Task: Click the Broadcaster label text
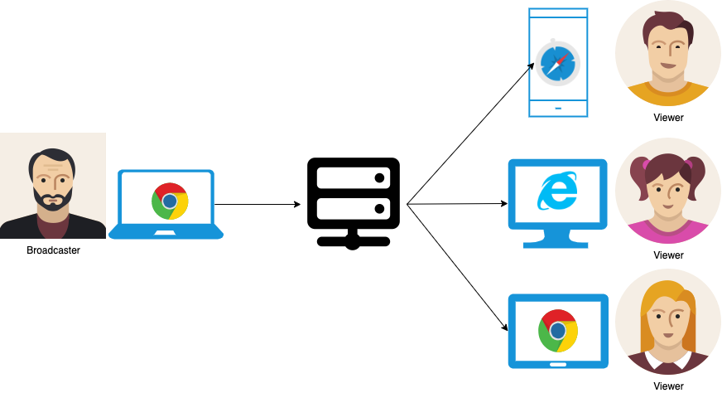[54, 250]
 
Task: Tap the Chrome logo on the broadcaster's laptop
[170, 201]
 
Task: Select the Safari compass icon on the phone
[557, 63]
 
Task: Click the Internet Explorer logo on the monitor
[557, 191]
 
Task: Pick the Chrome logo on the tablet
[558, 331]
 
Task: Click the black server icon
[354, 203]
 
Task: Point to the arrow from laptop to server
[258, 204]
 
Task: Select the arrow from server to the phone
[470, 133]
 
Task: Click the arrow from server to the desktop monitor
[457, 203]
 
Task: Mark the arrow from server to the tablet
[457, 268]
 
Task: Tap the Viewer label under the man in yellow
[668, 118]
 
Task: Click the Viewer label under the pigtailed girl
[668, 255]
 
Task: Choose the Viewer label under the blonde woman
[668, 386]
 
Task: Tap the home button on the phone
[558, 109]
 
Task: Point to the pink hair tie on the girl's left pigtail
[646, 164]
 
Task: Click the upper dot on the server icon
[379, 178]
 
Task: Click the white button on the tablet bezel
[558, 365]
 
